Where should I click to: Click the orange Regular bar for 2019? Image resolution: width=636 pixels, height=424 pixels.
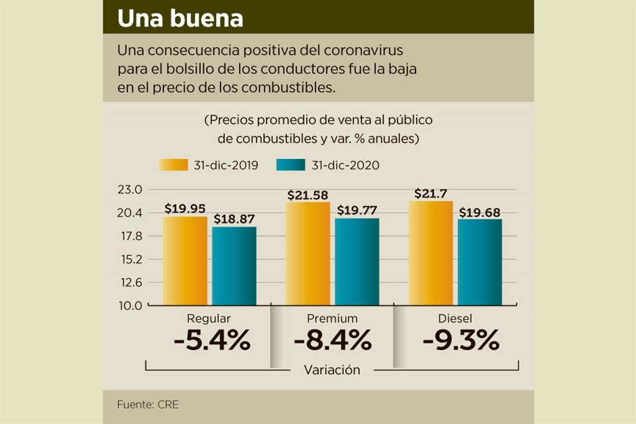click(x=185, y=261)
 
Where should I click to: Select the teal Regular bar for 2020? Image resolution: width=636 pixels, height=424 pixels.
click(x=234, y=266)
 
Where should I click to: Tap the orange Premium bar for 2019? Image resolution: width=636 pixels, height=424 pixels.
click(x=308, y=254)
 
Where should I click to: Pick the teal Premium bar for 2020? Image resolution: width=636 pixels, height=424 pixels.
click(x=357, y=262)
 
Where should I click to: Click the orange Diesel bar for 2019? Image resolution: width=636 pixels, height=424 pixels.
click(x=431, y=253)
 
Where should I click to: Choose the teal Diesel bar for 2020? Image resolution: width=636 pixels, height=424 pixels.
click(x=480, y=262)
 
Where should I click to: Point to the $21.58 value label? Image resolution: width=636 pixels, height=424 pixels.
click(x=308, y=195)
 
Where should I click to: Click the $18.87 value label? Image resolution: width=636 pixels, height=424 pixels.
click(x=234, y=219)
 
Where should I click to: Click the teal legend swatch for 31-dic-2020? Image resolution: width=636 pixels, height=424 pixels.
click(x=290, y=165)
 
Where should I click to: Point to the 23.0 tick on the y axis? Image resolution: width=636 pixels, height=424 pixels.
click(x=131, y=189)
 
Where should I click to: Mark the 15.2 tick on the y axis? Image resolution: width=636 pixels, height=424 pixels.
click(x=131, y=259)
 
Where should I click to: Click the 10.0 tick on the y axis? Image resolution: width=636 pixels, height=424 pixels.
click(x=131, y=305)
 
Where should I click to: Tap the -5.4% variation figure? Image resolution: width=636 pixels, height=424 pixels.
click(x=211, y=341)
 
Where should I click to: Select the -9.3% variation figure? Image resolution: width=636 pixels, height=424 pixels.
click(x=460, y=341)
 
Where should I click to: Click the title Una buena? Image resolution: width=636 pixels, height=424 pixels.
click(x=180, y=19)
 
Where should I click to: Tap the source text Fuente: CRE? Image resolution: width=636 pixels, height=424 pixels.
click(x=148, y=403)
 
